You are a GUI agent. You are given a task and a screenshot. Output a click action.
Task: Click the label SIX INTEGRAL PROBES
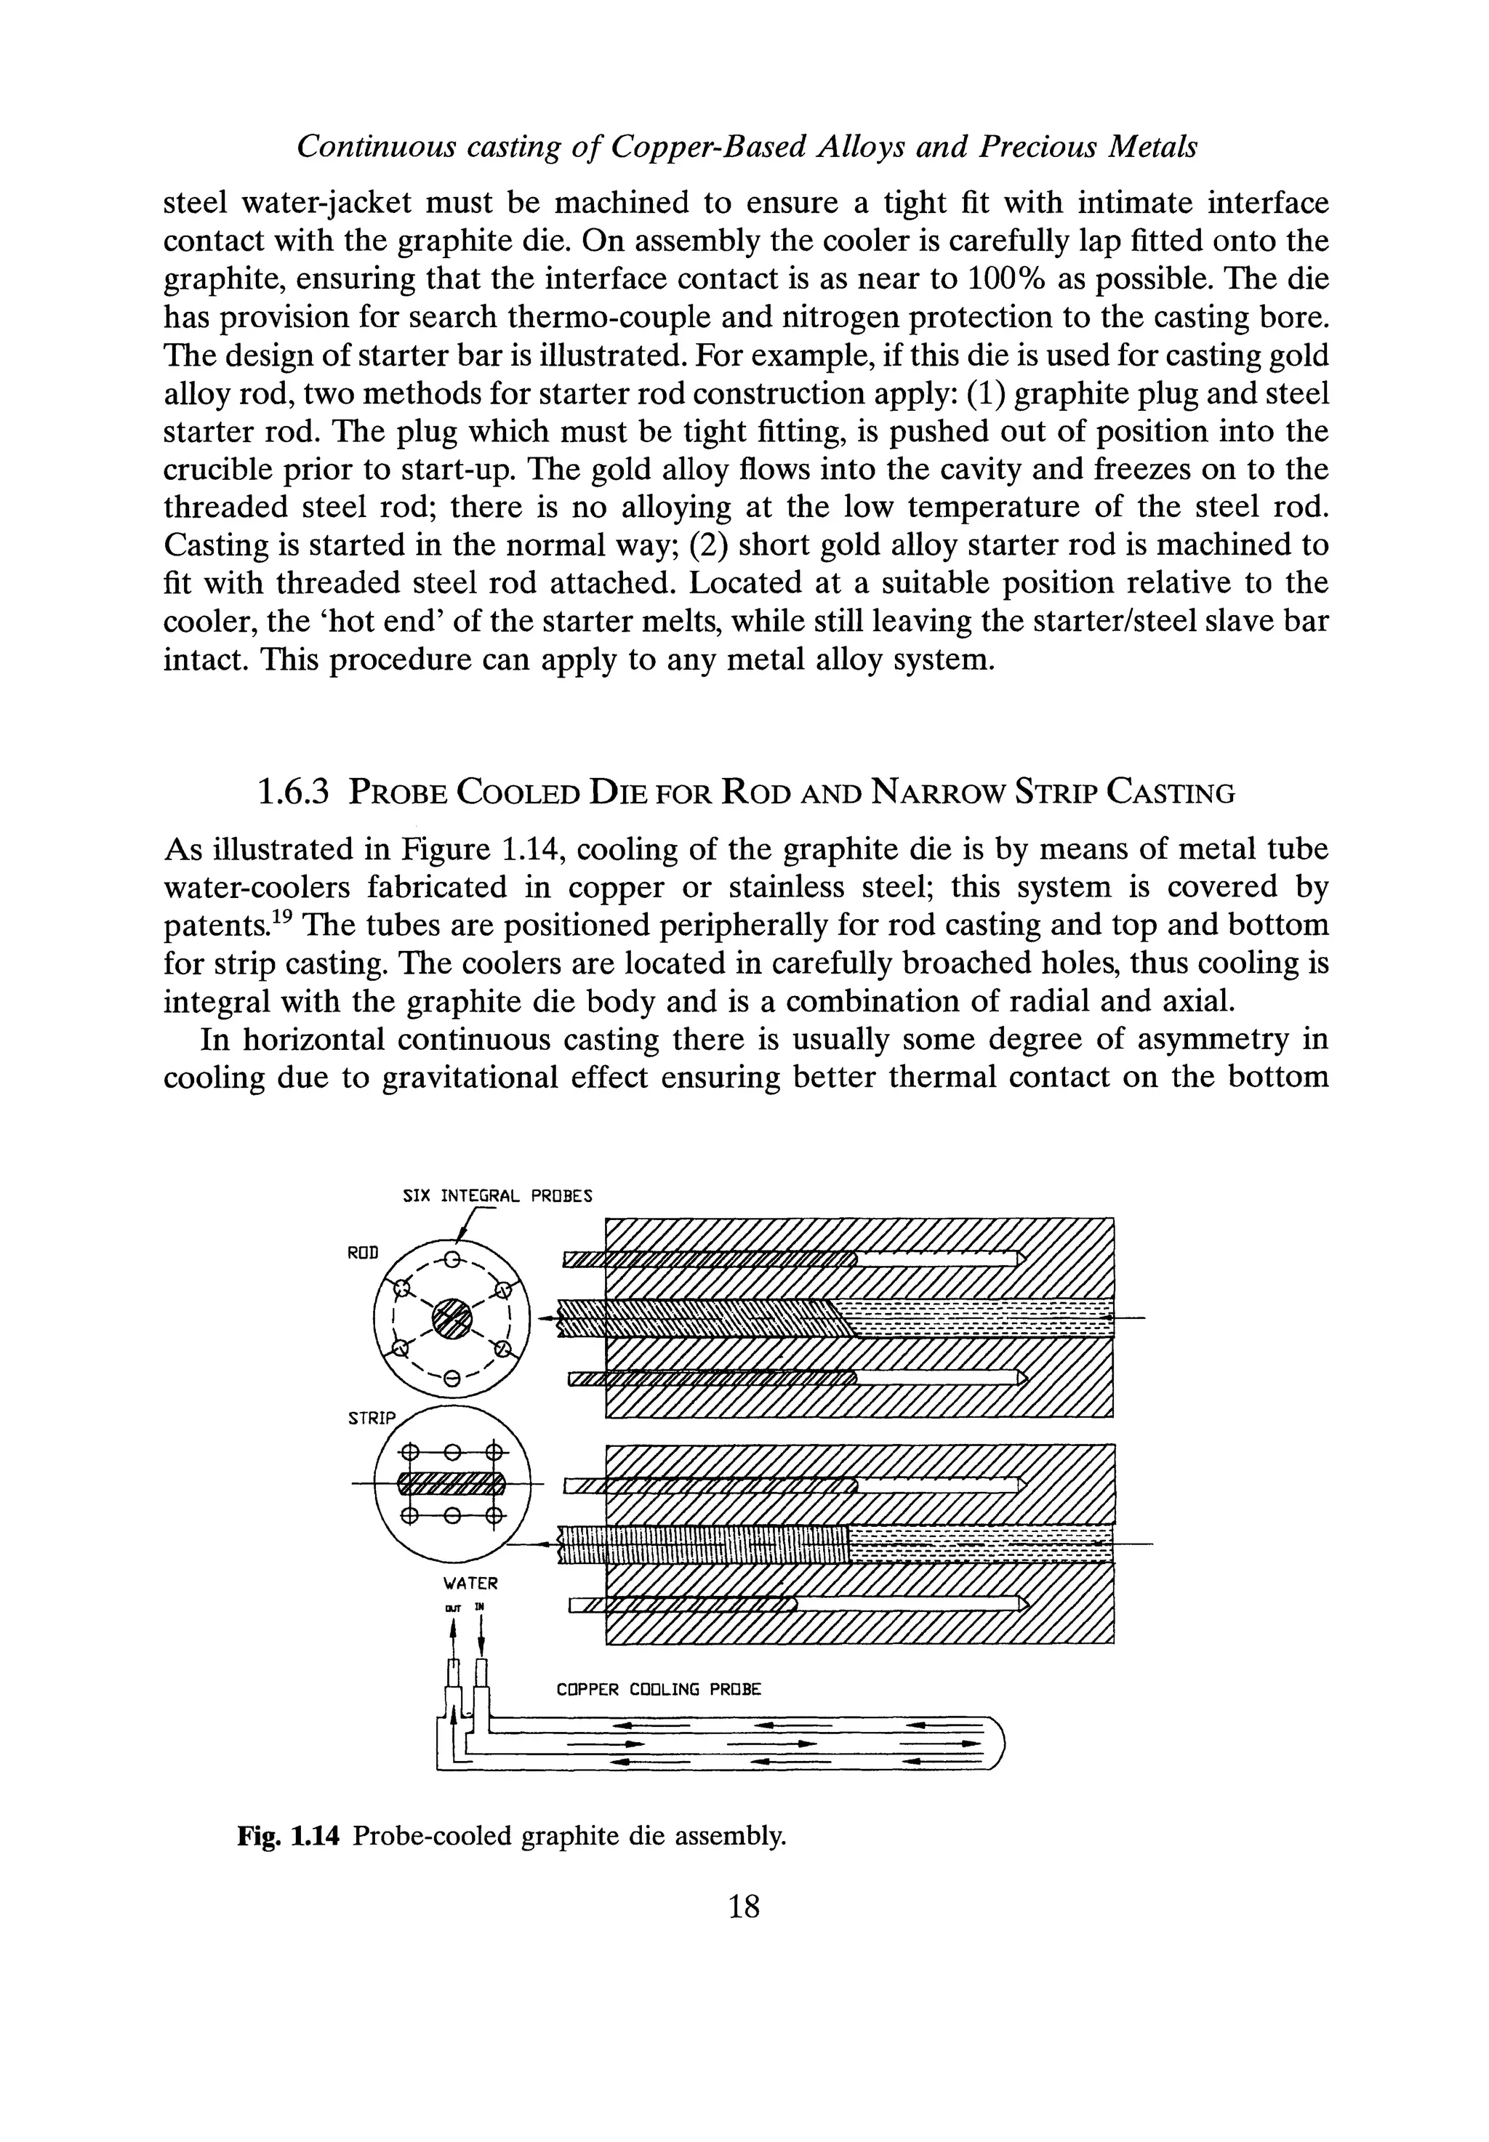(497, 1196)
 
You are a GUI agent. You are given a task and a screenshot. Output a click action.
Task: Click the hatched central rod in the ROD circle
(451, 1318)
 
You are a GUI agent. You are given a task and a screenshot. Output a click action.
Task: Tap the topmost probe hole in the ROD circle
(451, 1260)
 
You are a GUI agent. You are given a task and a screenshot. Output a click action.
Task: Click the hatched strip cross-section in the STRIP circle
(451, 1483)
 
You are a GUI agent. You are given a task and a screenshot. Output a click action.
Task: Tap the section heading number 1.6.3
(293, 793)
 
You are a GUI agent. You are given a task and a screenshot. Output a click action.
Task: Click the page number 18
(744, 1906)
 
